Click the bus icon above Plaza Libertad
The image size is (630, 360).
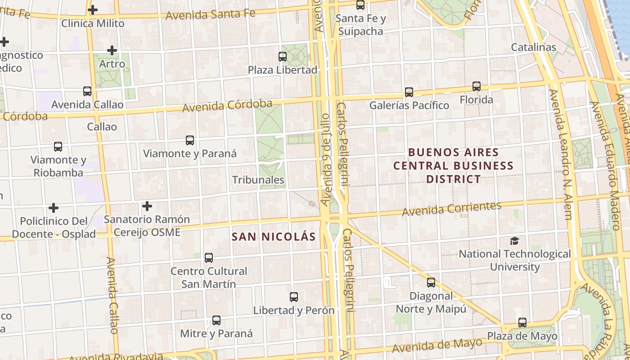(x=283, y=57)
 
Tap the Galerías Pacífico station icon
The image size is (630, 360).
(x=409, y=92)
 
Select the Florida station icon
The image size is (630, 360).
(x=476, y=86)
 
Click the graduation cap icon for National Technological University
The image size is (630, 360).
(x=514, y=241)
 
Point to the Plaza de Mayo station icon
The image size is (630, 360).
(x=522, y=323)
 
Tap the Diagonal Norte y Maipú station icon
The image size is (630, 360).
(x=431, y=283)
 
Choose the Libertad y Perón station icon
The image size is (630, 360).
(x=294, y=297)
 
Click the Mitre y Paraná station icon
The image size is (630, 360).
(x=216, y=320)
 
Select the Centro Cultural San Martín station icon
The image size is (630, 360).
(x=209, y=258)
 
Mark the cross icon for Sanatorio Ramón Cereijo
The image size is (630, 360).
(x=147, y=206)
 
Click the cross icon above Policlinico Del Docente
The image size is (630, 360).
(x=54, y=208)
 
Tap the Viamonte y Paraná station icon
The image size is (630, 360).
(x=190, y=140)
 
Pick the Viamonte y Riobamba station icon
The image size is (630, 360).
(x=58, y=147)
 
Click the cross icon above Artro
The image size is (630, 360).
(x=112, y=50)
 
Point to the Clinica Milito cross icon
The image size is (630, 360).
(x=93, y=9)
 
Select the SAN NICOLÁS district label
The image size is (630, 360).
(x=274, y=237)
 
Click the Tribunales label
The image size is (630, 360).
(x=258, y=180)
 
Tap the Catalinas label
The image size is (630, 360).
(x=534, y=47)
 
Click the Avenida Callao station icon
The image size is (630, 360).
(x=87, y=91)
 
